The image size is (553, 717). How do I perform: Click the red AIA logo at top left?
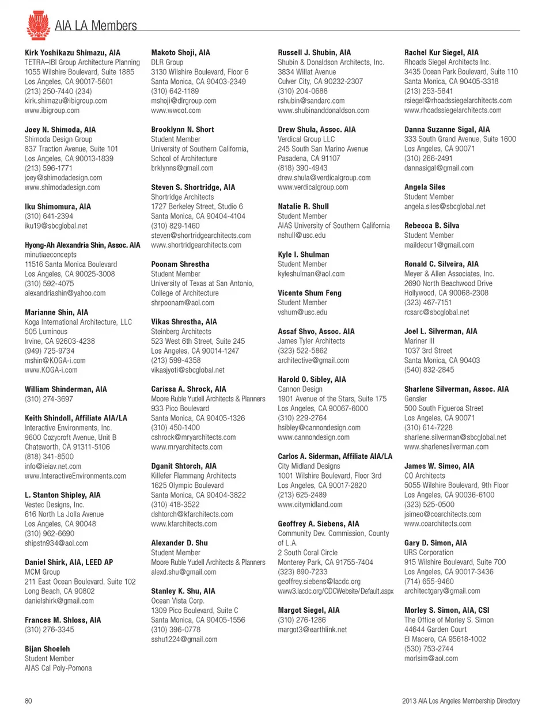[38, 25]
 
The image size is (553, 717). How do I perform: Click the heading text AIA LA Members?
[96, 26]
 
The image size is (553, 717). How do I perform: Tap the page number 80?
[28, 701]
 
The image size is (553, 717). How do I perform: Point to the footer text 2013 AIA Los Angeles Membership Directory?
[460, 701]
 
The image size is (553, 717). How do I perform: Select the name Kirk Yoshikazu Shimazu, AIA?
[73, 52]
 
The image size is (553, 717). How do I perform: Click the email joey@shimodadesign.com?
[63, 177]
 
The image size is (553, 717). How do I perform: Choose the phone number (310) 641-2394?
[49, 216]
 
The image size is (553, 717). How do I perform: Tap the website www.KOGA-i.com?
[51, 370]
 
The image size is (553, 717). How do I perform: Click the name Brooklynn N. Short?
[183, 130]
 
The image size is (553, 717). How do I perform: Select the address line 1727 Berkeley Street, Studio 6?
[197, 206]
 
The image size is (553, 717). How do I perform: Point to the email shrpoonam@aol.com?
[183, 302]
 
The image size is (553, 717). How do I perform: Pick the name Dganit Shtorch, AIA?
[184, 466]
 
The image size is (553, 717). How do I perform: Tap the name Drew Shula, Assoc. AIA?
[317, 130]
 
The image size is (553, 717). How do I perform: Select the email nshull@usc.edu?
[301, 235]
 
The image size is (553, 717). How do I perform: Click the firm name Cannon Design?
[300, 389]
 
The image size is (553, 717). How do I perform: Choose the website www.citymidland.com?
[310, 504]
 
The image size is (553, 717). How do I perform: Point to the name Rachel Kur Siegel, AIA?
[441, 52]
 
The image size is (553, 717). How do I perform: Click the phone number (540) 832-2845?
[429, 370]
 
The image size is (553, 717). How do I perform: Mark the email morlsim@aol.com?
[431, 658]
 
